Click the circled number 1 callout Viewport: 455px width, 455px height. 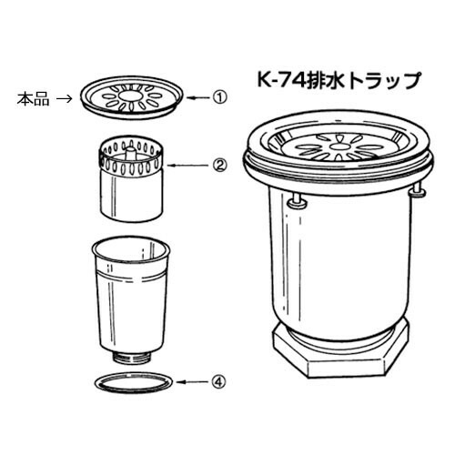click(219, 97)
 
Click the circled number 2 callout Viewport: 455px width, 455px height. click(219, 166)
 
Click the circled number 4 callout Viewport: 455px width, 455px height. click(219, 382)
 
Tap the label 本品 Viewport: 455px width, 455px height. click(33, 98)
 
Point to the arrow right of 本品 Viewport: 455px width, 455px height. click(65, 98)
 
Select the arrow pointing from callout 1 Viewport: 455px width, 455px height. click(197, 97)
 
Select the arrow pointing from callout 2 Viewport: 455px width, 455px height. click(188, 166)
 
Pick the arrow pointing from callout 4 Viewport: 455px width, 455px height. click(193, 382)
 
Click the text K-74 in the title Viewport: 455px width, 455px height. click(280, 80)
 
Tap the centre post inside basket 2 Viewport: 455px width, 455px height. click(130, 153)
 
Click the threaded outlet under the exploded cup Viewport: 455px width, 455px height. click(132, 358)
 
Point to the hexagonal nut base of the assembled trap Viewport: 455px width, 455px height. click(341, 352)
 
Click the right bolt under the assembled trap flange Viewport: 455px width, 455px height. click(418, 190)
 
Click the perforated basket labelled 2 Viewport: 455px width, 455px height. click(131, 179)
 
